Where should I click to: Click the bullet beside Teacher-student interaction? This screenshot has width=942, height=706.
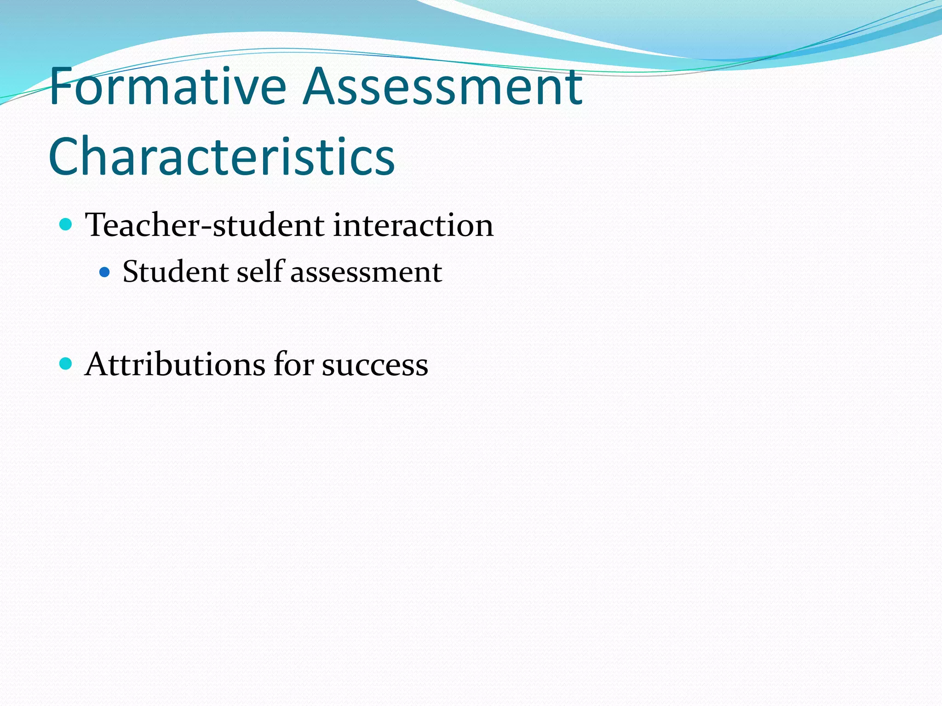pyautogui.click(x=66, y=225)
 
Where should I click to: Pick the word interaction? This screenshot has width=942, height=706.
pyautogui.click(x=413, y=225)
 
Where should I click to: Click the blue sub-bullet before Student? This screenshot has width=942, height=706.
pyautogui.click(x=105, y=272)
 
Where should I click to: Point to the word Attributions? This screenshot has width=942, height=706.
pyautogui.click(x=175, y=364)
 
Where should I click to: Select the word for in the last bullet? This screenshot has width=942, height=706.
pyautogui.click(x=293, y=364)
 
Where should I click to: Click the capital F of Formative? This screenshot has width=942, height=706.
pyautogui.click(x=61, y=86)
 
